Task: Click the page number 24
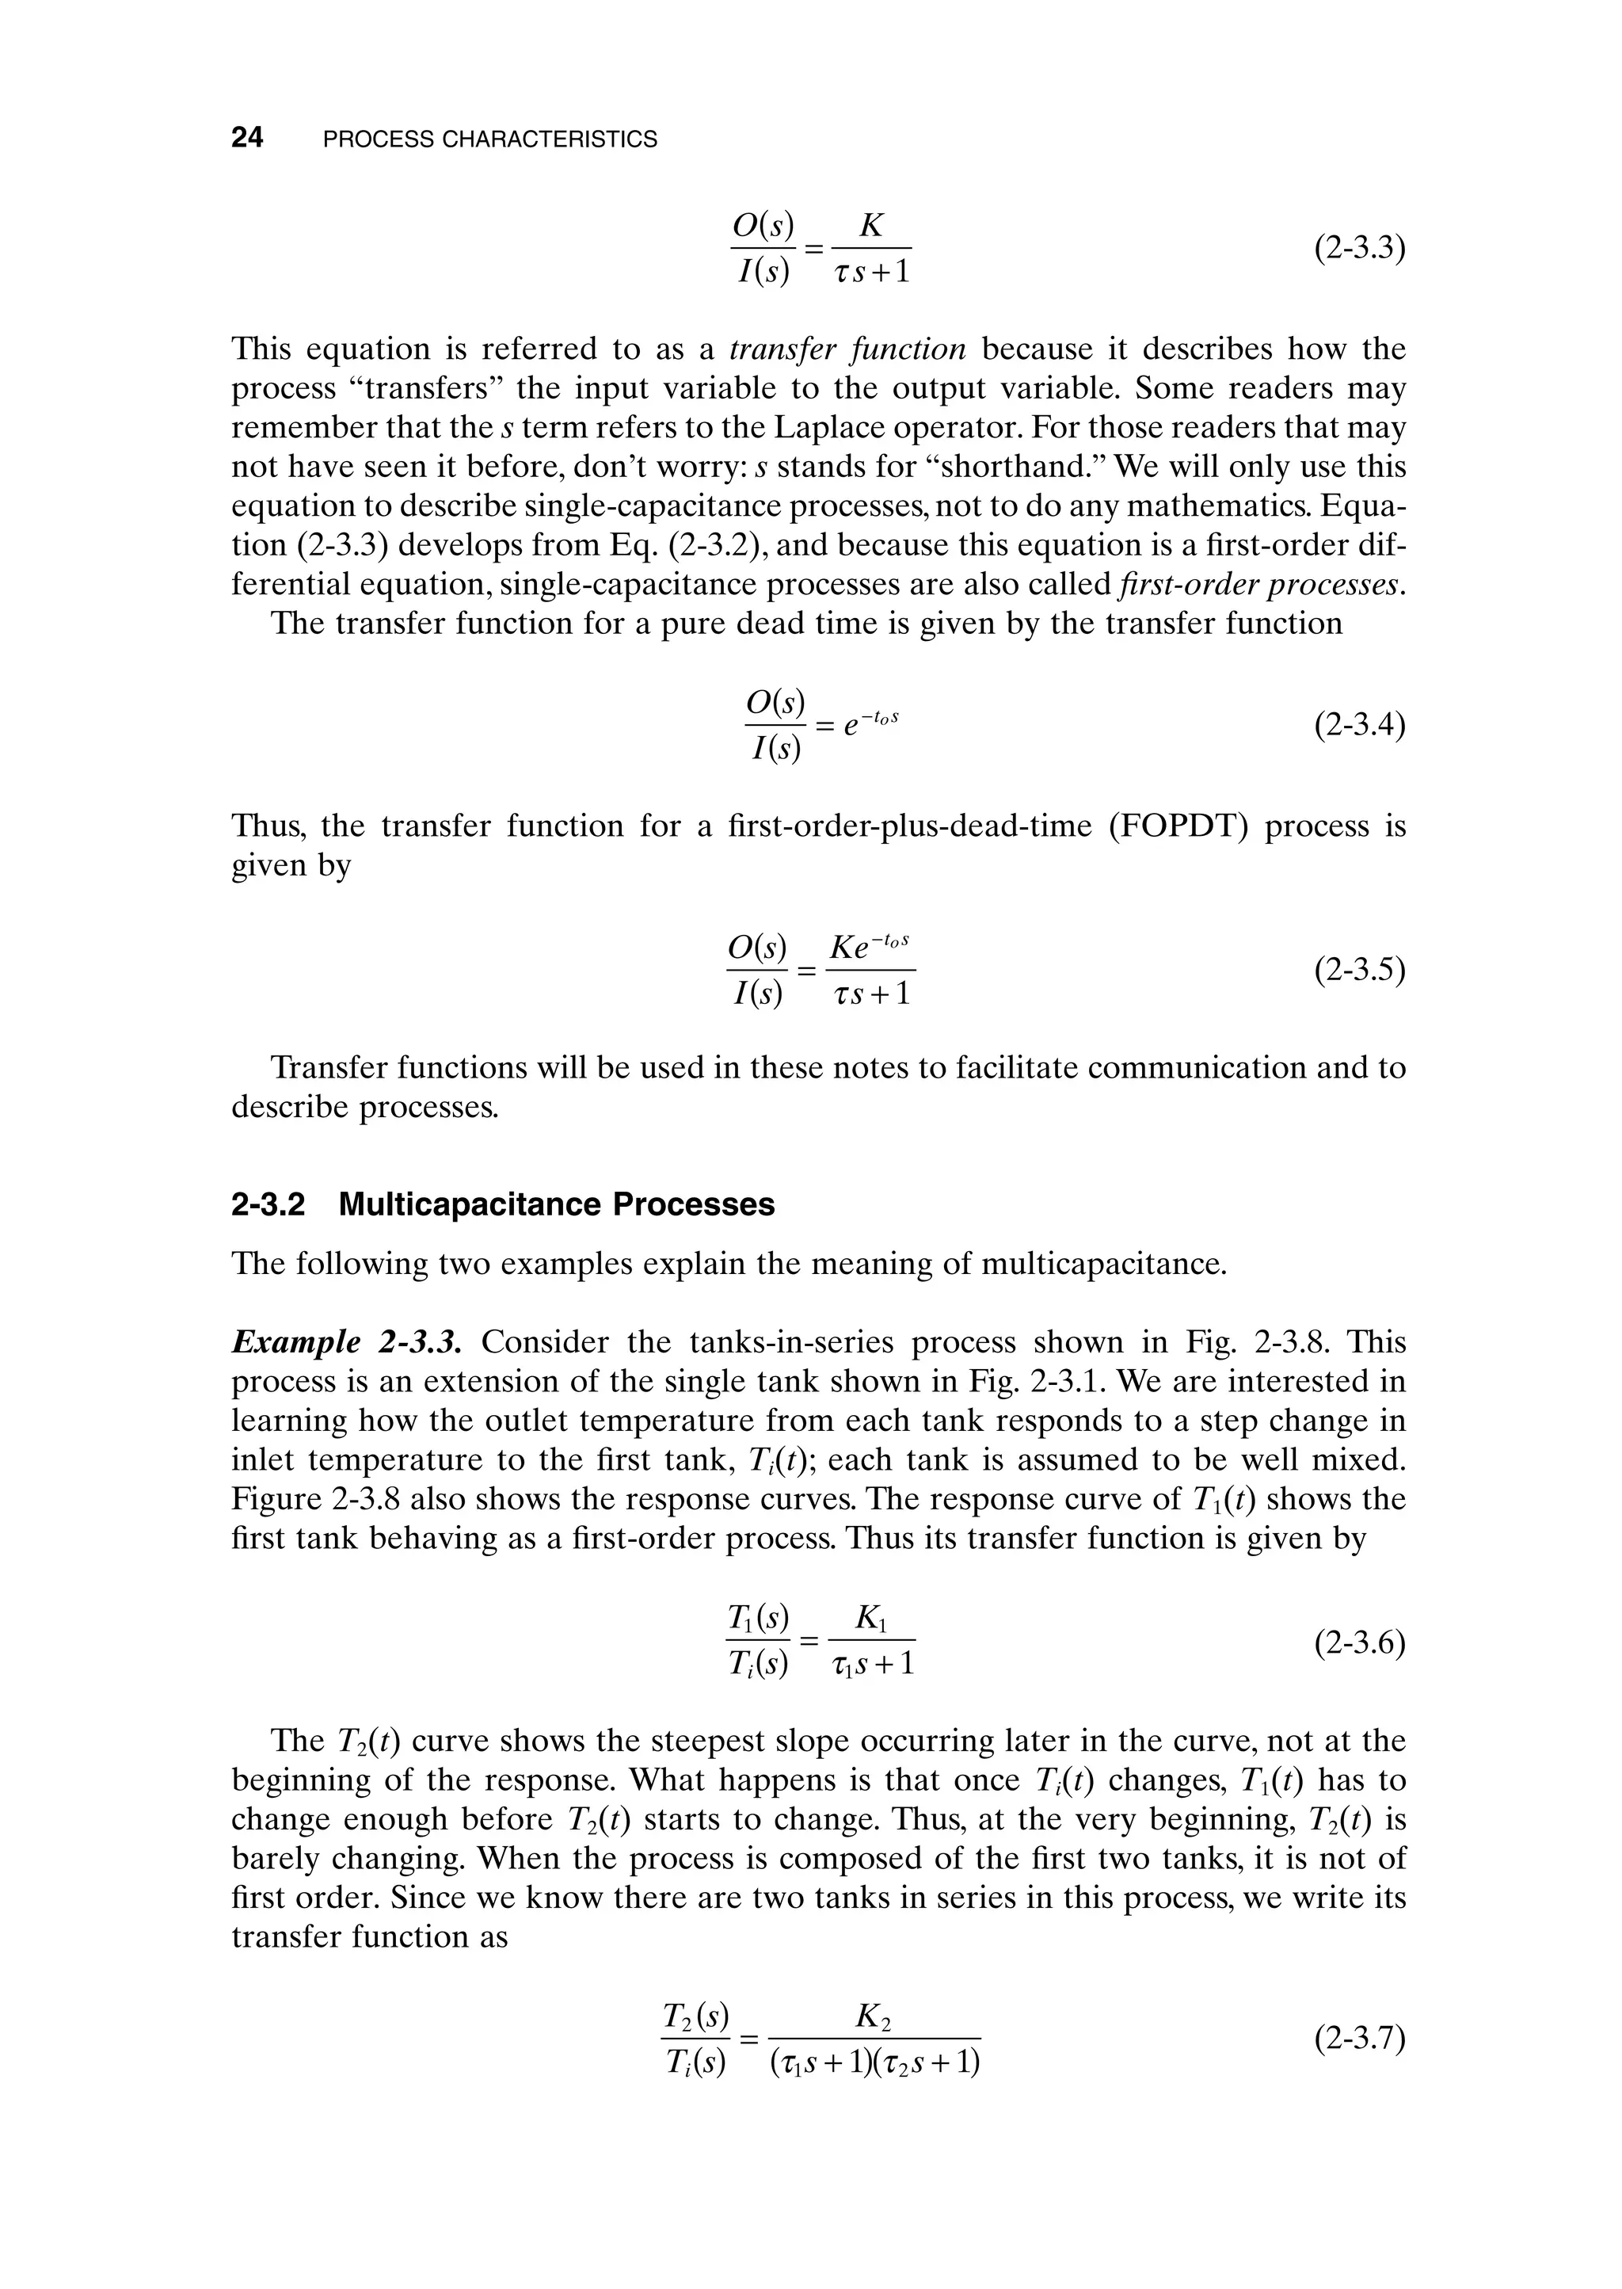tap(246, 138)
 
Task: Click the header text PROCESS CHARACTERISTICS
tap(490, 140)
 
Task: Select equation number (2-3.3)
tap(1359, 248)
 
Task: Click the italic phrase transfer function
tap(848, 349)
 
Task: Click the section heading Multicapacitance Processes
tap(556, 1204)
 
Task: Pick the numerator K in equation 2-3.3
tap(871, 226)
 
